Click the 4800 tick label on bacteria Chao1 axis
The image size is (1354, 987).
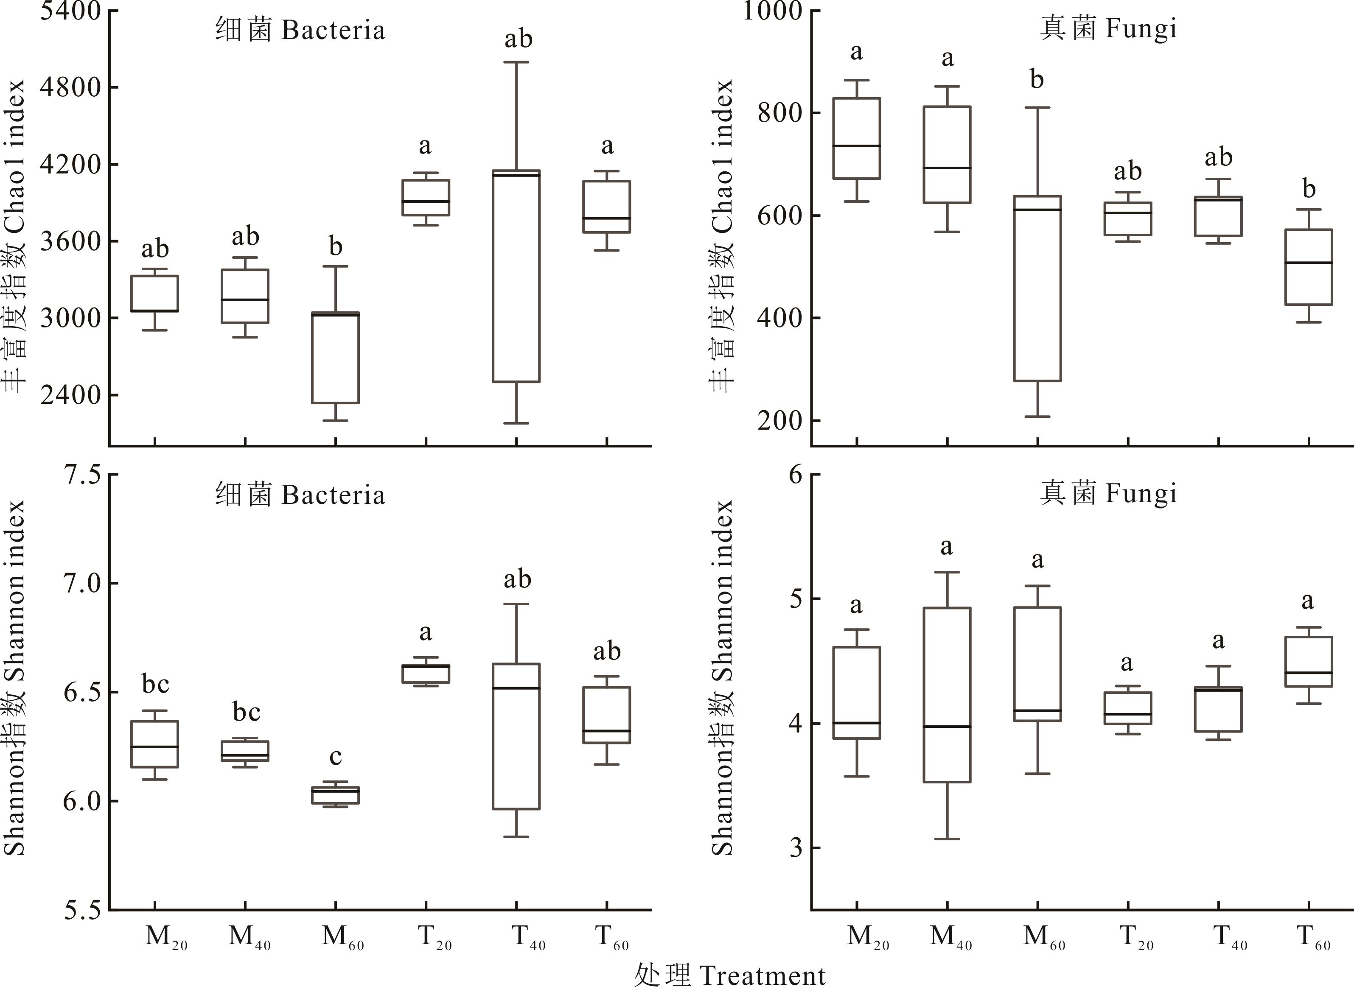pos(70,87)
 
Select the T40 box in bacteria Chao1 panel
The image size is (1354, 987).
pos(516,276)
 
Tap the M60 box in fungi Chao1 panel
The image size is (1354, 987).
pos(1037,288)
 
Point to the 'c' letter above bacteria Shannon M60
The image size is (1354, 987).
pos(335,757)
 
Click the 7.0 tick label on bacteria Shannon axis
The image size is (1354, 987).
pos(81,583)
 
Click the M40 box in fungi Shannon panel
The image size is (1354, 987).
pos(947,695)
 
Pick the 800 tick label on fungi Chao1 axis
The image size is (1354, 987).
pos(780,113)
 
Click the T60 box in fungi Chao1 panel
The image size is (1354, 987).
pos(1309,267)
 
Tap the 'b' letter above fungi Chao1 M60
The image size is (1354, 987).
pos(1037,79)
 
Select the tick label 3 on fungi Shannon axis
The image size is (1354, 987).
pos(796,848)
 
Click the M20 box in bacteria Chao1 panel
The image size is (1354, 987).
pos(155,294)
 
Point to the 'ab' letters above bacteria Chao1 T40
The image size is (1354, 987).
pos(518,39)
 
